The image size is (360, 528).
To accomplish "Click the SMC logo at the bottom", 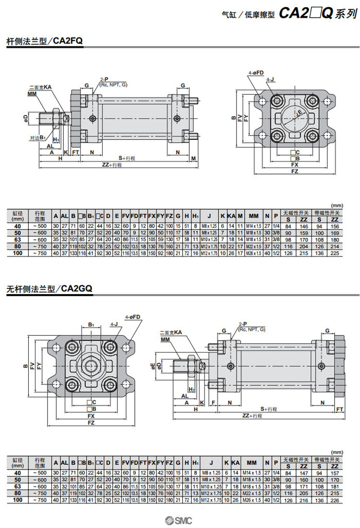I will pos(180,521).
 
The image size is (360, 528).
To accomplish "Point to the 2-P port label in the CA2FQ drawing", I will pos(103,79).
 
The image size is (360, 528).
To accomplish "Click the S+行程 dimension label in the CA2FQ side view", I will pos(128,158).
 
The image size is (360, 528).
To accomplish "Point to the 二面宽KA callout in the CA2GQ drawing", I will pos(170,332).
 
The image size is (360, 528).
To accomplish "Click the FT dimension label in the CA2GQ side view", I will pos(340,409).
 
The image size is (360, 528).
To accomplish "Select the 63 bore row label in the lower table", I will pos(18,486).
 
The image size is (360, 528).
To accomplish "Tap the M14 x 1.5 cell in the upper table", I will pos(252,226).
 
